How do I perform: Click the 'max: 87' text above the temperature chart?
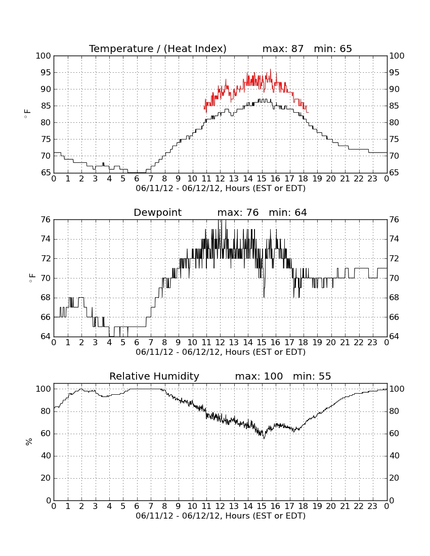pyautogui.click(x=283, y=49)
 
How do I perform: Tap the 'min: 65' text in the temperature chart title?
pyautogui.click(x=333, y=49)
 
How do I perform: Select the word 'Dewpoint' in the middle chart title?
pyautogui.click(x=157, y=213)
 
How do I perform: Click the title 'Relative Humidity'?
pyautogui.click(x=154, y=376)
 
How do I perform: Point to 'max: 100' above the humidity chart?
pyautogui.click(x=259, y=376)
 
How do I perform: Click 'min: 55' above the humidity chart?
pyautogui.click(x=312, y=376)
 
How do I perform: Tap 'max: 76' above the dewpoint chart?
pyautogui.click(x=238, y=213)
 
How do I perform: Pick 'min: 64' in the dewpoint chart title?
pyautogui.click(x=288, y=213)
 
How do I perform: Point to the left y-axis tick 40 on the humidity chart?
pyautogui.click(x=46, y=456)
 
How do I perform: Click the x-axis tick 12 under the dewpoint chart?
pyautogui.click(x=220, y=343)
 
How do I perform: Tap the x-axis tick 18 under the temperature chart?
pyautogui.click(x=304, y=179)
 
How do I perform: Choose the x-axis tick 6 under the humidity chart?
pyautogui.click(x=137, y=506)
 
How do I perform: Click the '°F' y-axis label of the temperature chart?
pyautogui.click(x=28, y=114)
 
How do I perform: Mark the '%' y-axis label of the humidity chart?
pyautogui.click(x=29, y=442)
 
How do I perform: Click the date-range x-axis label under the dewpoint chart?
pyautogui.click(x=221, y=352)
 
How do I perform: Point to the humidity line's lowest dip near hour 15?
pyautogui.click(x=264, y=438)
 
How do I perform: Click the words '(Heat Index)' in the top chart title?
pyautogui.click(x=195, y=49)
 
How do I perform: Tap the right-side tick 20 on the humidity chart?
pyautogui.click(x=394, y=478)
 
